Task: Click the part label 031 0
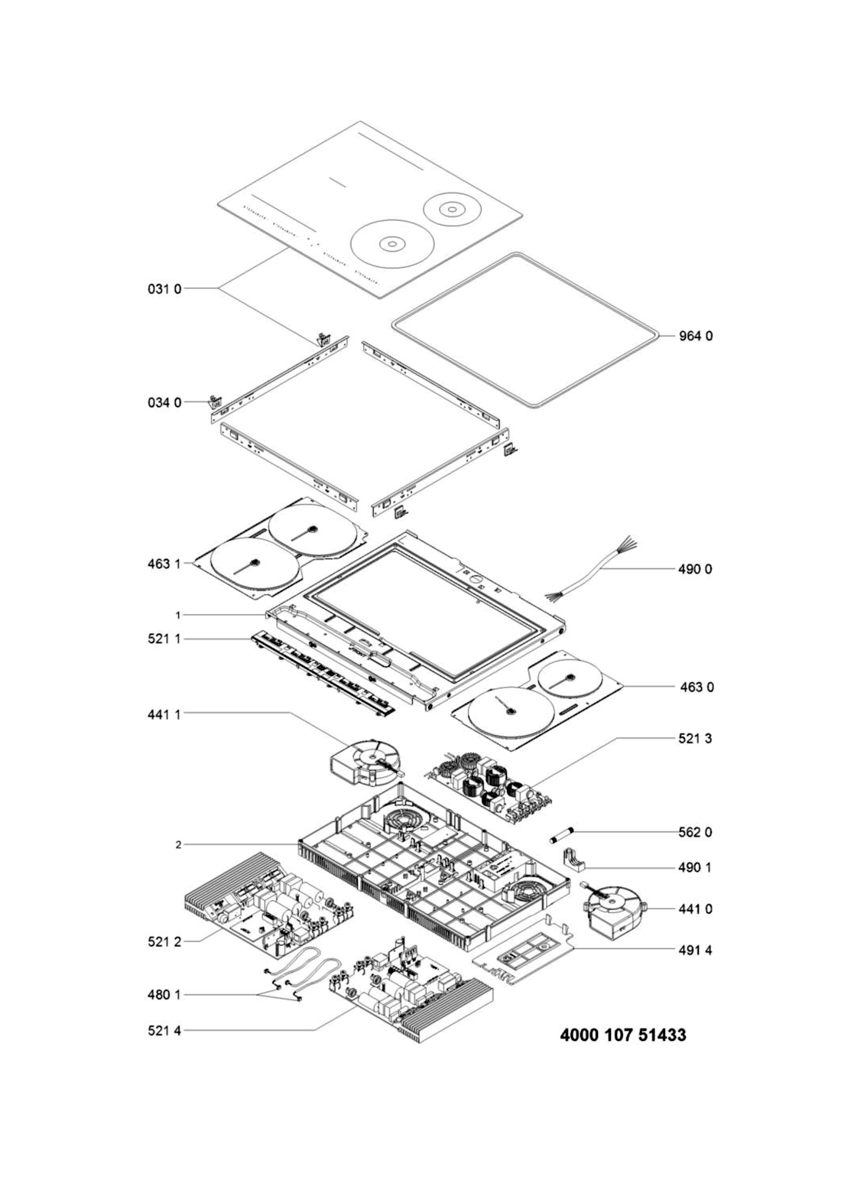(164, 289)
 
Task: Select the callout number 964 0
(696, 336)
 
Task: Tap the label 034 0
(164, 403)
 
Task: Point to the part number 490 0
(695, 570)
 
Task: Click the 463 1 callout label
(164, 564)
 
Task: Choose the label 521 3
(695, 739)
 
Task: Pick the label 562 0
(695, 833)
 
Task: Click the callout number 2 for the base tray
(179, 844)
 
